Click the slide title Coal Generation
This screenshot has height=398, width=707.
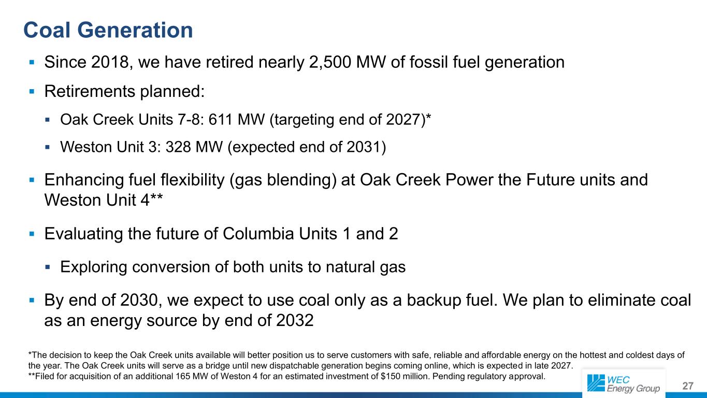tap(108, 31)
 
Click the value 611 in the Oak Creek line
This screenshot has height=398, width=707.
tap(221, 120)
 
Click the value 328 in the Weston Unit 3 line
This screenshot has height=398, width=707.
tap(178, 147)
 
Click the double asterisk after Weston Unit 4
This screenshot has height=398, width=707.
tap(156, 197)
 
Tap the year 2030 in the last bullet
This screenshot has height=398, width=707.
tap(139, 300)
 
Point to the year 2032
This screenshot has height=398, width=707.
tap(295, 321)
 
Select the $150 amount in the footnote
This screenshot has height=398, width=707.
tap(392, 377)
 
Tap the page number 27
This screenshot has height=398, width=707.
tap(688, 386)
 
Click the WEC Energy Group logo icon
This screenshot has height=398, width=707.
tap(596, 383)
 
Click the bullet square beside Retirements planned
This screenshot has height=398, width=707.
tap(32, 92)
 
